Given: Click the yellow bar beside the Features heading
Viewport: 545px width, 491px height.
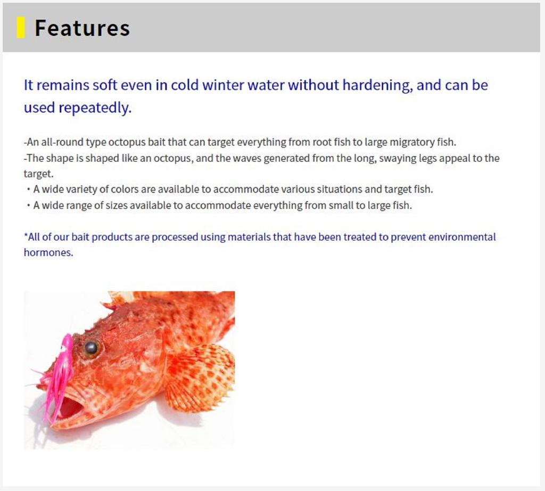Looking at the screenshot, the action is pyautogui.click(x=21, y=28).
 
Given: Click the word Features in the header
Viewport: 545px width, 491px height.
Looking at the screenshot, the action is pyautogui.click(x=82, y=28).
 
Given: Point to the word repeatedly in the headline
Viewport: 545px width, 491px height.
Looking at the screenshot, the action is pyautogui.click(x=95, y=108).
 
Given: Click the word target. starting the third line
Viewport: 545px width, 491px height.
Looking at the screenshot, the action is pyautogui.click(x=38, y=174).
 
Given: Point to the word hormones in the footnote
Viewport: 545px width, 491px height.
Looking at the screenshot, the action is pyautogui.click(x=48, y=252).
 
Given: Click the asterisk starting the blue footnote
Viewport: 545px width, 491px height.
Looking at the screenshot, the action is pyautogui.click(x=26, y=236).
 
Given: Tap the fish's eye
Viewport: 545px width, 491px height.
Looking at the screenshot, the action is pyautogui.click(x=91, y=348).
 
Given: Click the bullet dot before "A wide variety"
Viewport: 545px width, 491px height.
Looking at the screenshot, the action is pyautogui.click(x=28, y=190).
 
